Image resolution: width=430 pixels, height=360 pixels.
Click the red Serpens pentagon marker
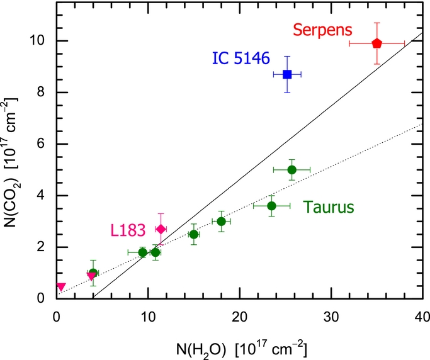coord(376,43)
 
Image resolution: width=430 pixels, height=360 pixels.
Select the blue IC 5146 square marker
coord(287,74)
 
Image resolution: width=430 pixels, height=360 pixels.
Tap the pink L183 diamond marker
coord(161,229)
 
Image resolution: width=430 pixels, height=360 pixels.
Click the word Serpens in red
coord(322,30)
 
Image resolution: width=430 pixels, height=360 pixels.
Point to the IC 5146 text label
coord(240,59)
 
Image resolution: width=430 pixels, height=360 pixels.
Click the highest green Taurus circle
coord(291,170)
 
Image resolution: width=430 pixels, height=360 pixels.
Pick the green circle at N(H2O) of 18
coord(221,222)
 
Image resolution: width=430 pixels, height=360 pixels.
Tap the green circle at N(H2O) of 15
coord(194,234)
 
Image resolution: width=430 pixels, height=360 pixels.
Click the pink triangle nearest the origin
coord(61,287)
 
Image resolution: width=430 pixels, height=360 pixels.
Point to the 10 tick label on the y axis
coord(42,41)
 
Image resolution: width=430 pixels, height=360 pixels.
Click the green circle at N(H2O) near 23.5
coord(271,206)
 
